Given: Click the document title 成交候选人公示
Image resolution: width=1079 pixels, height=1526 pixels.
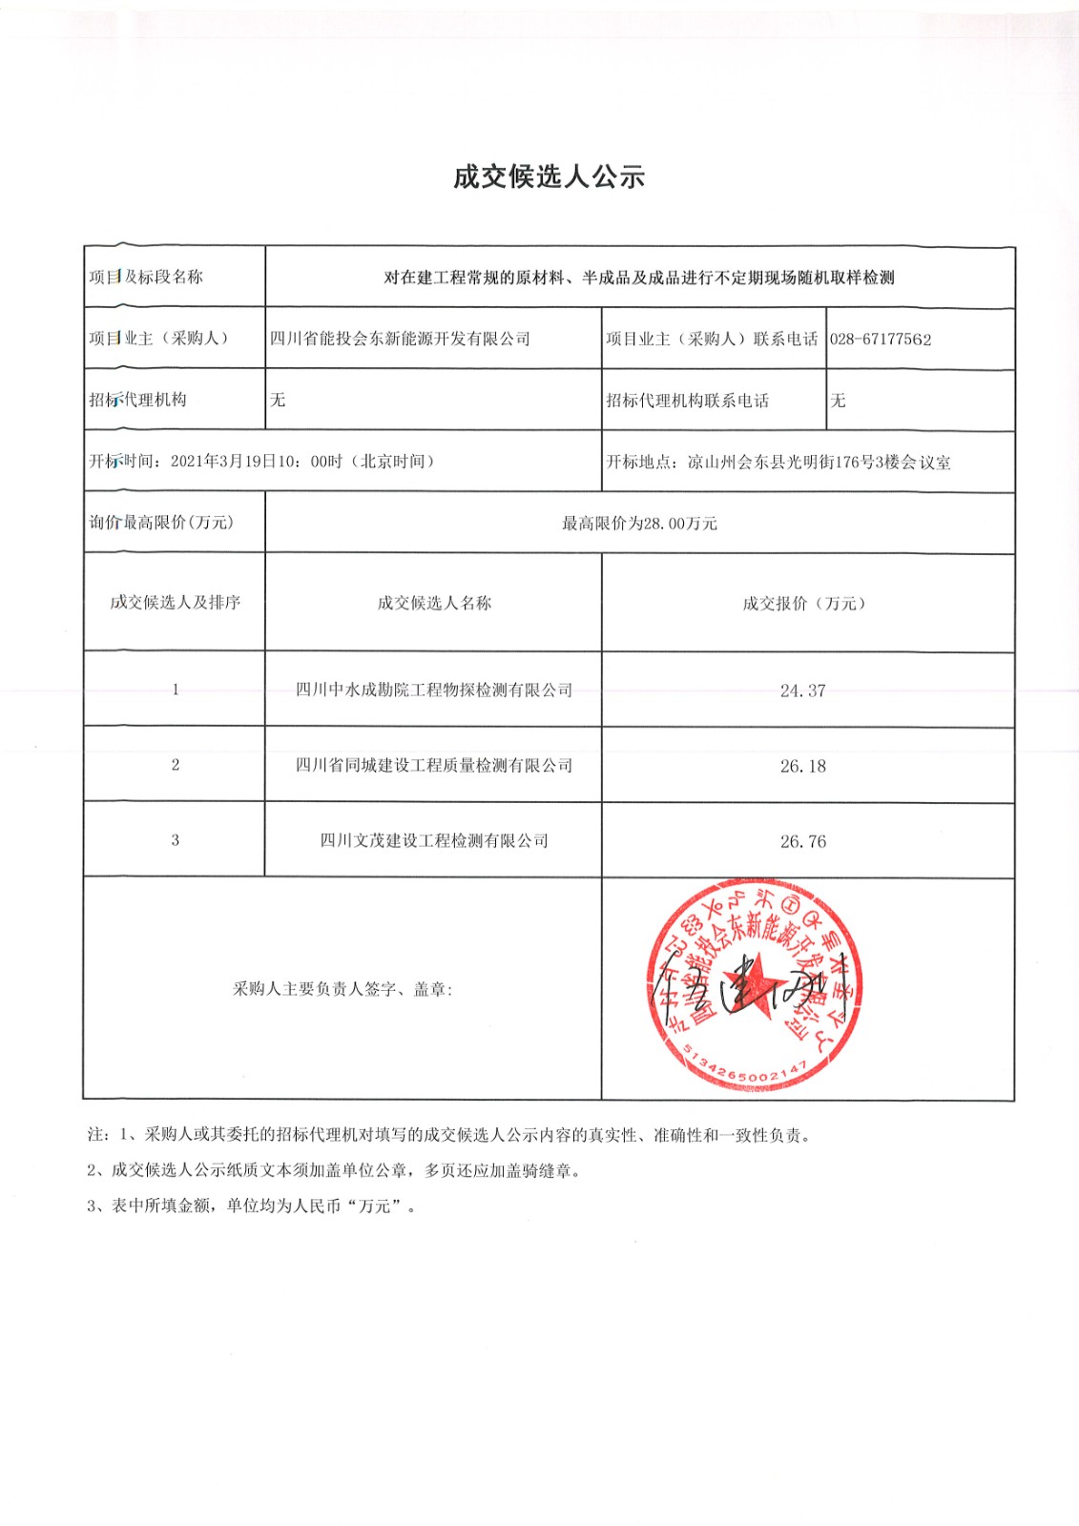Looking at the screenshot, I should click(549, 176).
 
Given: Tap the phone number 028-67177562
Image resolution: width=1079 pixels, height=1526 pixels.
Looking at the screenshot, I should click(880, 339).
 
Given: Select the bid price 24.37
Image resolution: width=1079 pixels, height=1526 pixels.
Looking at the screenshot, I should click(802, 691).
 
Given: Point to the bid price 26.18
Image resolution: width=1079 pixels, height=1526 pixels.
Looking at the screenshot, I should click(802, 766).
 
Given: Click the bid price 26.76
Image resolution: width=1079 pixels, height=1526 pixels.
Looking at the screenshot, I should click(802, 841).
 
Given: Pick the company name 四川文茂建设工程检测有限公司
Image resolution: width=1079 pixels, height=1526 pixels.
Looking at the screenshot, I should click(434, 840).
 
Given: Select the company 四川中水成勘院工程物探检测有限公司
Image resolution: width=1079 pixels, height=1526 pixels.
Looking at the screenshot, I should click(434, 690).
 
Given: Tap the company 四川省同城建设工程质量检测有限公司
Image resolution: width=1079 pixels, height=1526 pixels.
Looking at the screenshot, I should click(434, 765).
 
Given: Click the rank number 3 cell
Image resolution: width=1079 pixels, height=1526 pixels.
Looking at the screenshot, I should click(175, 840).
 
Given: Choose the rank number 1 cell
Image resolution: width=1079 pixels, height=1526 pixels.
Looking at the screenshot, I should click(175, 690).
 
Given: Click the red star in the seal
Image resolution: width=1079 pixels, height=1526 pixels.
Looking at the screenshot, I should click(754, 982).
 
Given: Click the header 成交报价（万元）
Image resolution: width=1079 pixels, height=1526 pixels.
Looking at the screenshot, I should click(803, 603).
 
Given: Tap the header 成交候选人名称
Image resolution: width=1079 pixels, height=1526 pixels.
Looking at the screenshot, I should click(434, 603).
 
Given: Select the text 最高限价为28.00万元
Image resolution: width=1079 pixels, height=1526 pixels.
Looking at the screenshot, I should click(639, 523).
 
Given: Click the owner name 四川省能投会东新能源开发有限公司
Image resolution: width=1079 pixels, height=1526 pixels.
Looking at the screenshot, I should click(400, 339).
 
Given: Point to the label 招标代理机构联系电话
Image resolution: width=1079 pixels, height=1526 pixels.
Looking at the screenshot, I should click(687, 401).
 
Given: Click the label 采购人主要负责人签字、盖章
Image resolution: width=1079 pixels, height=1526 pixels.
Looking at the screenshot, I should click(342, 989).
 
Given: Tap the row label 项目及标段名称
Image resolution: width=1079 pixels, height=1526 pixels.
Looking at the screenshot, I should click(146, 277).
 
